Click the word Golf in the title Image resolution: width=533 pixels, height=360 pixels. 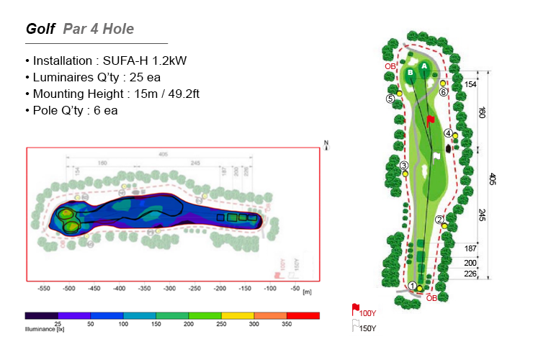pos(40,29)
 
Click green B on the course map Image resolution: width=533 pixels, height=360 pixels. pos(409,73)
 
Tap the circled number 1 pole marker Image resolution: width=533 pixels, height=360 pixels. pos(413,287)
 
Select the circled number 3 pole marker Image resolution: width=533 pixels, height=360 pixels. pos(404,166)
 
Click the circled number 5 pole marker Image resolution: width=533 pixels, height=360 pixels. pos(390,99)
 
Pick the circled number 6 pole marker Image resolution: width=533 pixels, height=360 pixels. pos(444,91)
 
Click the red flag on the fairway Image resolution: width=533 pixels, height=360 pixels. pos(430,120)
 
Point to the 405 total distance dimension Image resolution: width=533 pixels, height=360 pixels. pos(493,179)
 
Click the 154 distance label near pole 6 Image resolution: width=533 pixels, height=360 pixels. pos(470,84)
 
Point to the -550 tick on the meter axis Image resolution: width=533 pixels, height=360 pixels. pos(44,288)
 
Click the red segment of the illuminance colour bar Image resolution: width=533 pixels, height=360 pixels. pos(303,315)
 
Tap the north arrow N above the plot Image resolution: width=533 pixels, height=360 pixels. pos(326,143)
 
